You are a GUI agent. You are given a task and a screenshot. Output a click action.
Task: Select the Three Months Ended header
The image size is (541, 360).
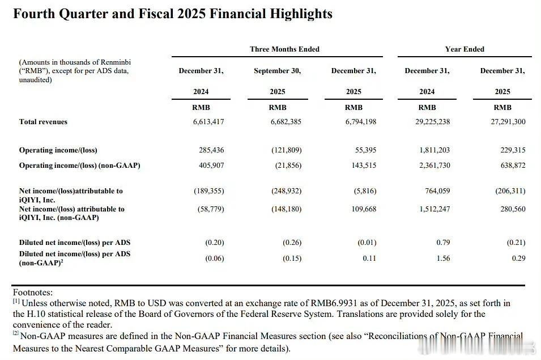pos(284,49)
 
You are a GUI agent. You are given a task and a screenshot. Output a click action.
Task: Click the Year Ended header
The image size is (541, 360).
pos(465,49)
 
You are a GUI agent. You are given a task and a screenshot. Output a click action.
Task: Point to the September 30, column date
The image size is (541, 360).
pos(277,71)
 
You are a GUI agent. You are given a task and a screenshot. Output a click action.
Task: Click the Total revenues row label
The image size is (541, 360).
pos(43,122)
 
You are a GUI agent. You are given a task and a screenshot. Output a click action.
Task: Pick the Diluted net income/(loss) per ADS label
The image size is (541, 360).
pos(74,243)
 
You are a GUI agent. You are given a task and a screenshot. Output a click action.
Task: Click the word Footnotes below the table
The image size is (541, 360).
pos(32,293)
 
